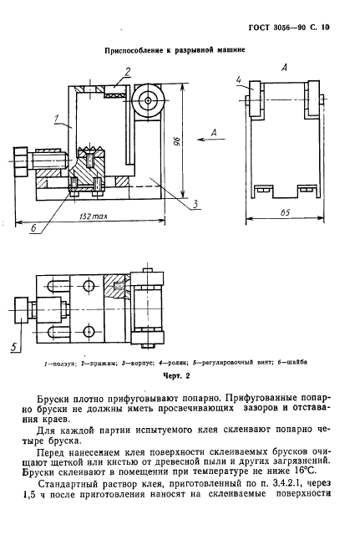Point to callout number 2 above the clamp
pos(127,70)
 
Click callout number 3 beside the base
pos(194,203)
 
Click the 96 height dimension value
pos(179,141)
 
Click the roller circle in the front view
pos(150,101)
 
